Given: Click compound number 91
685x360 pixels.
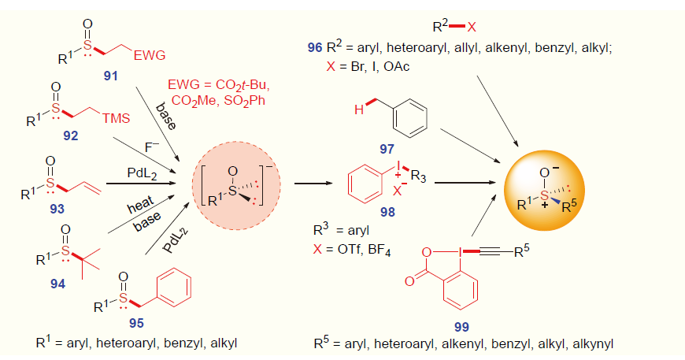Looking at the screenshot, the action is [x=110, y=76].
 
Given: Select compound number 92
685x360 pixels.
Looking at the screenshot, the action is [x=70, y=135].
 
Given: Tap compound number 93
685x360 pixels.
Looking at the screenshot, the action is [x=57, y=209].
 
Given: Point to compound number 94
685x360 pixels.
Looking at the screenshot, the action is [x=57, y=284].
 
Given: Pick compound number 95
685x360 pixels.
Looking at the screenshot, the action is [x=136, y=323].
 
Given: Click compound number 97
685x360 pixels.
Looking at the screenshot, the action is [x=387, y=149].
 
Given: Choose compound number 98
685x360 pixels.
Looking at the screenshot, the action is [x=387, y=212].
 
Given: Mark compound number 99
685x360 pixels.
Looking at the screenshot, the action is [x=461, y=327].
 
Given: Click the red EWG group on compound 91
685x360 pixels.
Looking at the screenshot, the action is [x=150, y=55].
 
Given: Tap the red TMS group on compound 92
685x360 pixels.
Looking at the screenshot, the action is [x=117, y=118].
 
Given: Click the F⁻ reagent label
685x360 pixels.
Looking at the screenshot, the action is [x=152, y=147].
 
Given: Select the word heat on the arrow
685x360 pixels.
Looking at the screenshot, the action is [x=141, y=205].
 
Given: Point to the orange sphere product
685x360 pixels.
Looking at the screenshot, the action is [x=544, y=191].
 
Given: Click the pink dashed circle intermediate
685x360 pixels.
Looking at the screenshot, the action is [x=236, y=142].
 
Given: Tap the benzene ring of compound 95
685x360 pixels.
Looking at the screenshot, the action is [x=174, y=288].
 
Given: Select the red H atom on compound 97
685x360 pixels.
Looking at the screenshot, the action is [x=359, y=109].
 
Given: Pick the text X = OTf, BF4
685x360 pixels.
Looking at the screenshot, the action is [x=352, y=251].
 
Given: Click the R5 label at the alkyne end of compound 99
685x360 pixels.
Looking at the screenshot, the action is [x=521, y=251].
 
